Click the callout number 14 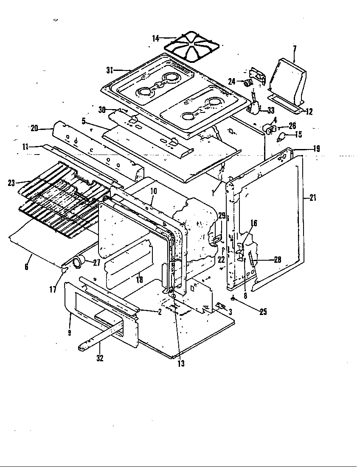155,39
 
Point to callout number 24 232,81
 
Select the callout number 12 309,112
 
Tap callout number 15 298,135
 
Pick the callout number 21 313,197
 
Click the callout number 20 34,127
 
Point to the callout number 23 11,183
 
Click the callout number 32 100,358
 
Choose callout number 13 181,364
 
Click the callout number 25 263,312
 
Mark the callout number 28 278,260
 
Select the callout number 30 101,110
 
